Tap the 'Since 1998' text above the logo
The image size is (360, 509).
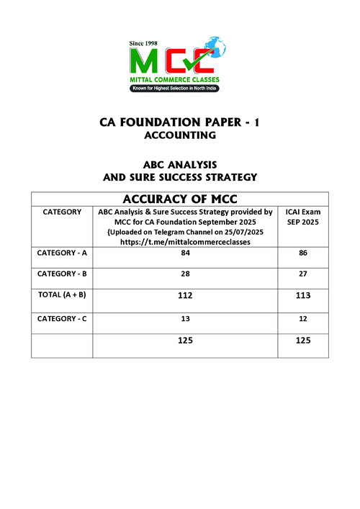(143, 44)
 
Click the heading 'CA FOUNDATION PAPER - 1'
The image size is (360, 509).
(179, 123)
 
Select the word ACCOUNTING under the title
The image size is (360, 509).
(179, 135)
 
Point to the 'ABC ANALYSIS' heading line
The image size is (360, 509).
(179, 164)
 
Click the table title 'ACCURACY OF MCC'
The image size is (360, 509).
(180, 199)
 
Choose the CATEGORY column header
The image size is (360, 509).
(62, 212)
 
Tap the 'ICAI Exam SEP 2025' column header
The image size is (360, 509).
(303, 217)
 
